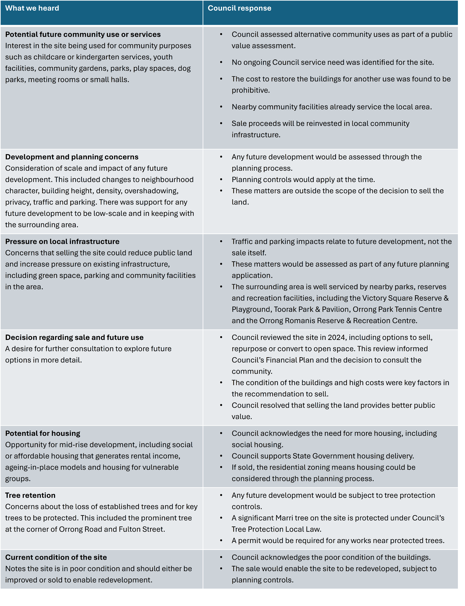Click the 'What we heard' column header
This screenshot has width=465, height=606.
(x=32, y=8)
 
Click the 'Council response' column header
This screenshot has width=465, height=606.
(x=239, y=8)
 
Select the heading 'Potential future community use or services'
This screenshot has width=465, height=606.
(x=83, y=34)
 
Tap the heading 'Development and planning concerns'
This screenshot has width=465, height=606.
(x=72, y=157)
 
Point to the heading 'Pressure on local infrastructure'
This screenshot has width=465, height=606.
(x=62, y=241)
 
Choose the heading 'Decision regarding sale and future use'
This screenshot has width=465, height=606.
(x=74, y=337)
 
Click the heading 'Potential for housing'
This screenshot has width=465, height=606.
(x=43, y=433)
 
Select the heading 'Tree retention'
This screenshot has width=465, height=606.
(x=30, y=495)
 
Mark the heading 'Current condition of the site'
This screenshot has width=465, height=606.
(x=56, y=557)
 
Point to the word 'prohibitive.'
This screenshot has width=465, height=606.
(x=250, y=90)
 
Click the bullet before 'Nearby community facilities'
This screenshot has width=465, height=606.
(x=221, y=107)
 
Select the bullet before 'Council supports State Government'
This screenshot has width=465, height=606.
(x=221, y=456)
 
